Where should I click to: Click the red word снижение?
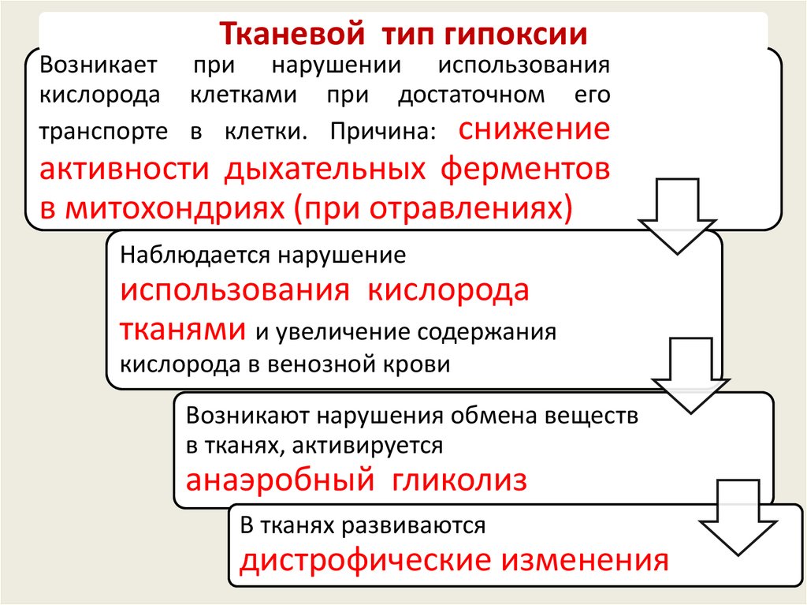(533, 129)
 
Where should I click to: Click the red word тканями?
(181, 327)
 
